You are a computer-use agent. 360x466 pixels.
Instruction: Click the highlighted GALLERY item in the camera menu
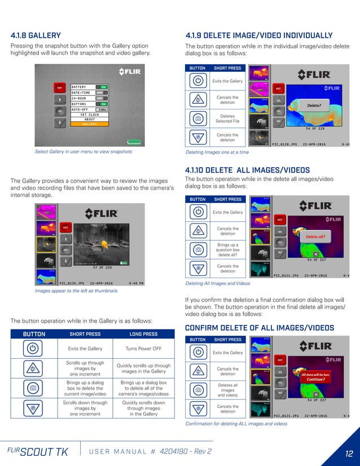(x=90, y=124)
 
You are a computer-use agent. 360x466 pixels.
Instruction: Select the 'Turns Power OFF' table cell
(x=143, y=349)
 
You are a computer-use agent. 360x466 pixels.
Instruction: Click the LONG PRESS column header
(x=143, y=334)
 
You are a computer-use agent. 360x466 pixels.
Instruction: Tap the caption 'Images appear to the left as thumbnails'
(x=76, y=291)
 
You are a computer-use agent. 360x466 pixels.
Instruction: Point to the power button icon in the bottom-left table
(x=33, y=349)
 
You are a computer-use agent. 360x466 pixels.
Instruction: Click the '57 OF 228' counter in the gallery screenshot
(x=102, y=267)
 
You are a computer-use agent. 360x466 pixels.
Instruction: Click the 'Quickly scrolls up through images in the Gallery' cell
(x=143, y=368)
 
